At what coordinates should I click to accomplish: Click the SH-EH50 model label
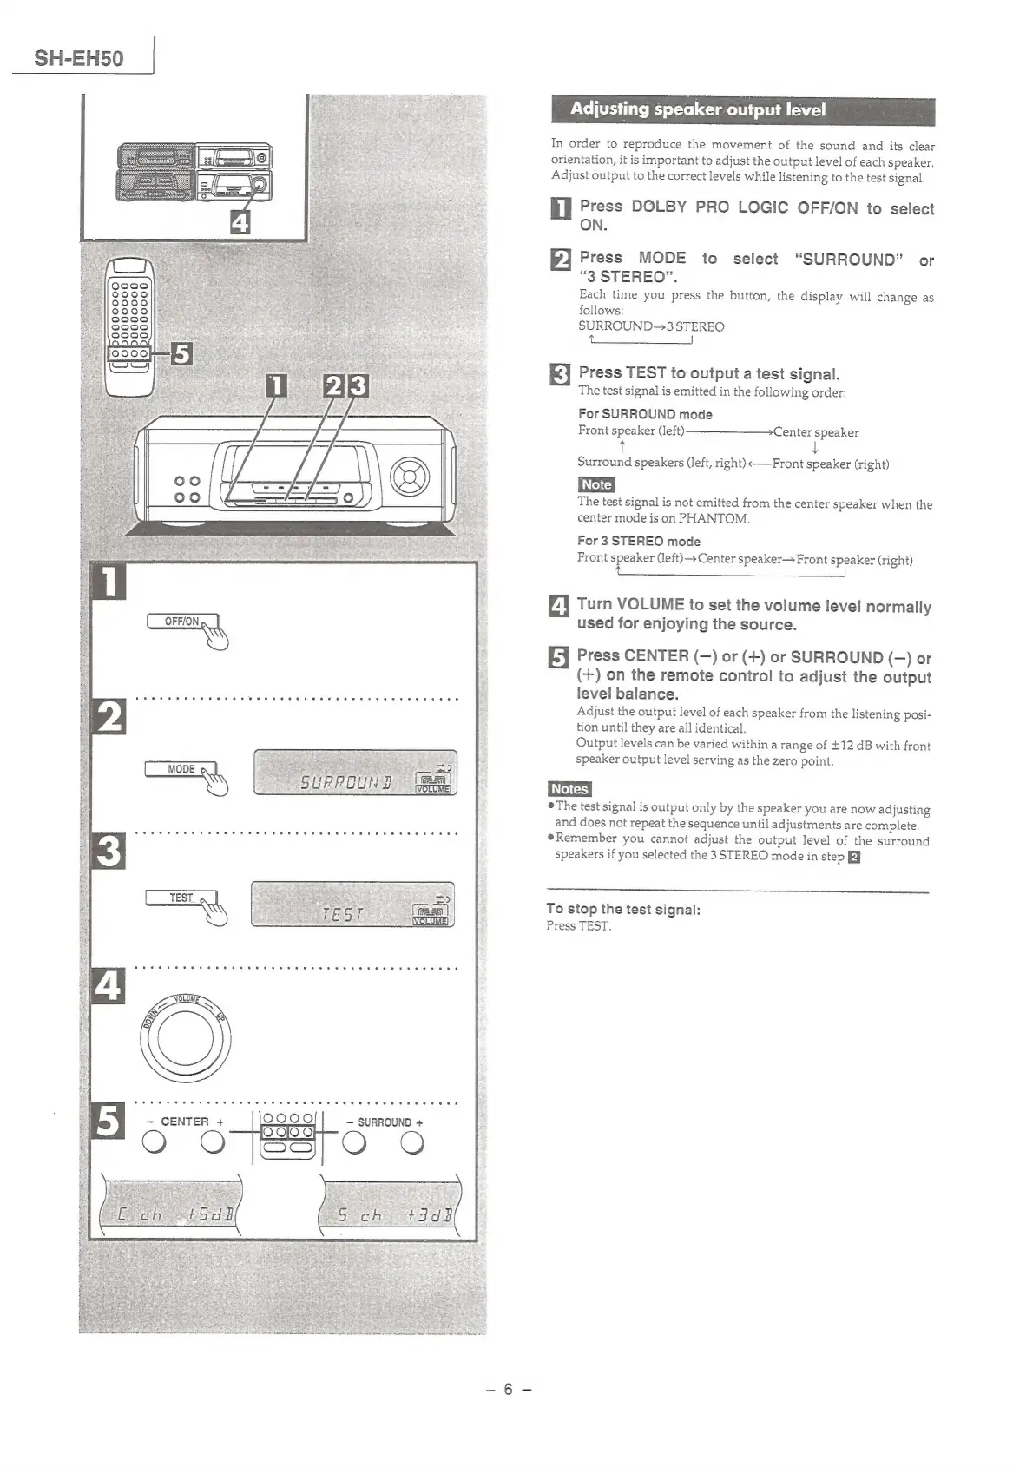point(78,58)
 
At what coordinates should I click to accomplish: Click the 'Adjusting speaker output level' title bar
point(742,110)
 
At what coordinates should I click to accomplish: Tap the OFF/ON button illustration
point(182,622)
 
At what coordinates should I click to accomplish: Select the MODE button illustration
point(181,769)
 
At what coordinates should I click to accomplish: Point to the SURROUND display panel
point(355,773)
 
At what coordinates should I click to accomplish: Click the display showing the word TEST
point(352,905)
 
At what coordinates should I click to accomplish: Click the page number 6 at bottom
point(509,1389)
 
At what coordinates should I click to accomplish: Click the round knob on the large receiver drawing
point(410,475)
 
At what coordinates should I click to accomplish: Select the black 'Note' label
point(596,484)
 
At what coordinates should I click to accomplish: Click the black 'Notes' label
point(569,788)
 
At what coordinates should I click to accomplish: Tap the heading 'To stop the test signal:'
point(623,909)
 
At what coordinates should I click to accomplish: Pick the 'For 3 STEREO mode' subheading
point(639,541)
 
